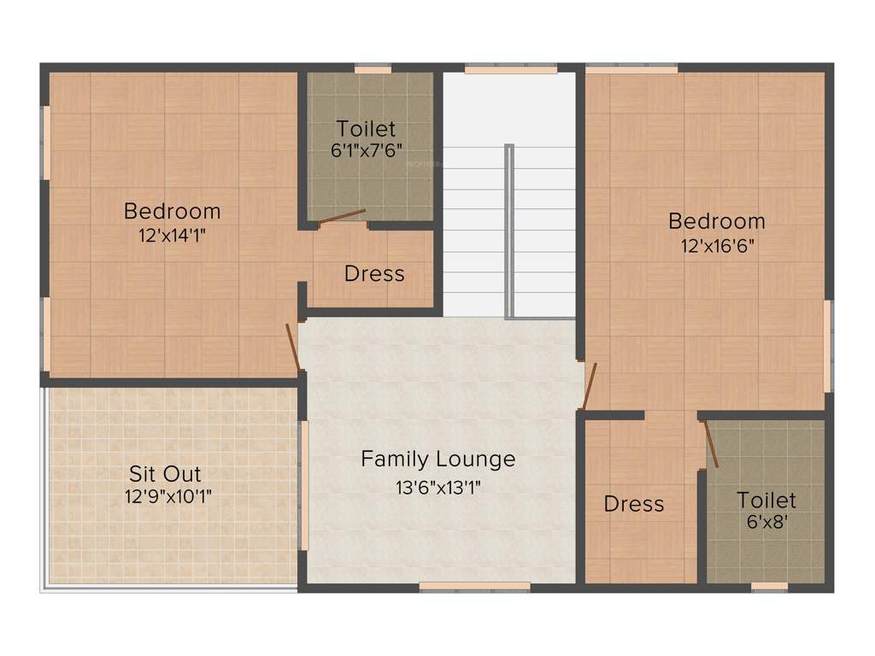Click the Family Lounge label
[x=437, y=460]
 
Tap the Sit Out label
[x=165, y=473]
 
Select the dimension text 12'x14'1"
[x=172, y=236]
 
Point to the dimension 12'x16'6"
[x=717, y=246]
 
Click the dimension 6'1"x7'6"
[x=366, y=149]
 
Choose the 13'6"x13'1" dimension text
[x=437, y=489]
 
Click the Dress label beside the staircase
[x=374, y=274]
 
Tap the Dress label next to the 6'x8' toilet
[x=634, y=504]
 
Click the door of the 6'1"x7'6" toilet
[x=342, y=217]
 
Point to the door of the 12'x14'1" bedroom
[x=292, y=346]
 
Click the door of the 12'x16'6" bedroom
[x=589, y=386]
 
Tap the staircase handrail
[x=509, y=231]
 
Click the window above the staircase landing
[x=511, y=69]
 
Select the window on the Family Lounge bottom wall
[x=474, y=587]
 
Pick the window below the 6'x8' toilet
[x=769, y=587]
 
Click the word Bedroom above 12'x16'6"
[x=717, y=221]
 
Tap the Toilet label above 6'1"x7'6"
[x=366, y=129]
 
